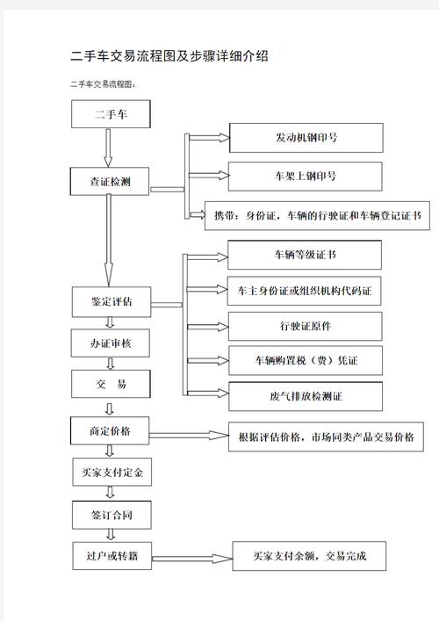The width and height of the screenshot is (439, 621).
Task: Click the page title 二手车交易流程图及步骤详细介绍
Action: pos(169,56)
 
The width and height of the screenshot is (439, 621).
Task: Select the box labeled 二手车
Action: pos(112,114)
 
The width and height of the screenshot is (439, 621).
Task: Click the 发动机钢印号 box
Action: pos(306,138)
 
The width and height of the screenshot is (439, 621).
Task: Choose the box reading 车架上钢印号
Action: pos(306,177)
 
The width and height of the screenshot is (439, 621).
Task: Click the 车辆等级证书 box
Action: pos(305,255)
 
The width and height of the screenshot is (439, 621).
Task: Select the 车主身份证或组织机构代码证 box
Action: pos(305,290)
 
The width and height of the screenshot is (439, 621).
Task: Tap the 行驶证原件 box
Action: pos(305,326)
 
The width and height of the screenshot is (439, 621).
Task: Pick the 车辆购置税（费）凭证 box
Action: pos(305,361)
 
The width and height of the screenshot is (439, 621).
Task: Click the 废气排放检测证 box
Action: pos(305,396)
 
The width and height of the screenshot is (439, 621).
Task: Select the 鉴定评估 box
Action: pos(112,301)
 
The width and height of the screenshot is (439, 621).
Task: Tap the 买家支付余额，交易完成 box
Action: pos(308,556)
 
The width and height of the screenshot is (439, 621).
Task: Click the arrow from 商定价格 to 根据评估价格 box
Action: pos(188,436)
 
